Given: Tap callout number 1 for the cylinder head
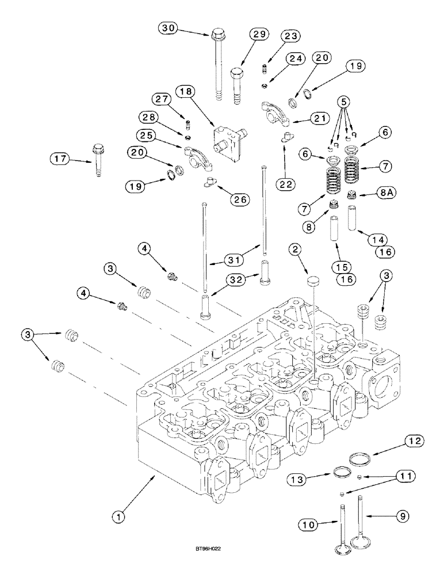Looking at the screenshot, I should [x=118, y=517].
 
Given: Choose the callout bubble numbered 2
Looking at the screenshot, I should [x=296, y=249].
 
